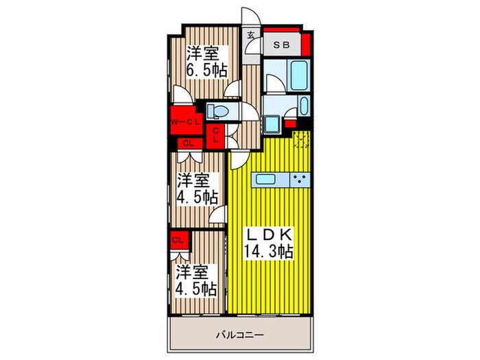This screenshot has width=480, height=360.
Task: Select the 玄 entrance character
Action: click(x=251, y=36)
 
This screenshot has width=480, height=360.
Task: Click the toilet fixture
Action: click(x=217, y=110)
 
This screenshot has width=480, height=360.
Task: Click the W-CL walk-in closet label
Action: click(x=184, y=123)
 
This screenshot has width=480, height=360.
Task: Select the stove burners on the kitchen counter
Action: click(x=300, y=180)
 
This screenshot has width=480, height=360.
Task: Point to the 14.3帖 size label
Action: click(x=269, y=251)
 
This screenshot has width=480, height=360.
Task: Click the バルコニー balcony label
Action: click(x=240, y=335)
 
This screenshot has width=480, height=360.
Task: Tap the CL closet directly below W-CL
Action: click(x=187, y=143)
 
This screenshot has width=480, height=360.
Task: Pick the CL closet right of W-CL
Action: click(x=216, y=134)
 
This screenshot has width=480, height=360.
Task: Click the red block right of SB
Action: click(x=306, y=45)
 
